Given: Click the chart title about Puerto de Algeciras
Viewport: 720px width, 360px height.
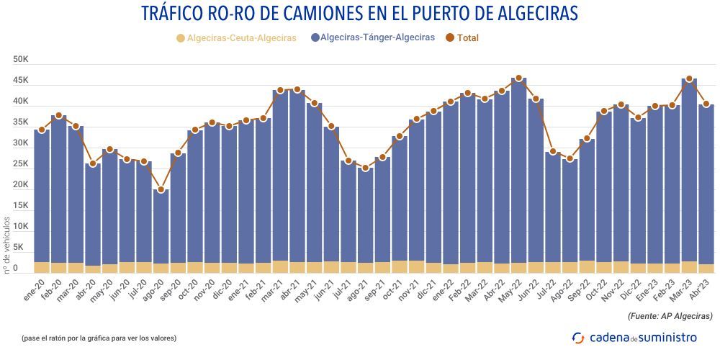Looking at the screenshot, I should click(359, 14).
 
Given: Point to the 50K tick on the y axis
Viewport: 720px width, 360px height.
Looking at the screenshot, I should click(20, 60).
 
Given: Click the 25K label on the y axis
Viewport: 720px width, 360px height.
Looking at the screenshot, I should click(20, 164).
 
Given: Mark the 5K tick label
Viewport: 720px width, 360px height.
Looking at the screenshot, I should click(22, 248).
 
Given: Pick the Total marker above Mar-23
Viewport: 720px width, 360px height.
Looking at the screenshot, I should click(689, 79).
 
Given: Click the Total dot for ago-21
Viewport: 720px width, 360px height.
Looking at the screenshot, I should click(366, 168).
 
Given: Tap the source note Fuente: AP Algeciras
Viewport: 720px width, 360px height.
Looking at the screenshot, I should click(670, 316).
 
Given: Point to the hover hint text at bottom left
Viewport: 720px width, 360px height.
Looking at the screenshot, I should click(99, 338).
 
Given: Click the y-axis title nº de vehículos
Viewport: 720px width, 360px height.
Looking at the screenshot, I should click(8, 244).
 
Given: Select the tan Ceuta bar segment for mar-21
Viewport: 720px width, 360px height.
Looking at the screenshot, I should click(281, 266).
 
